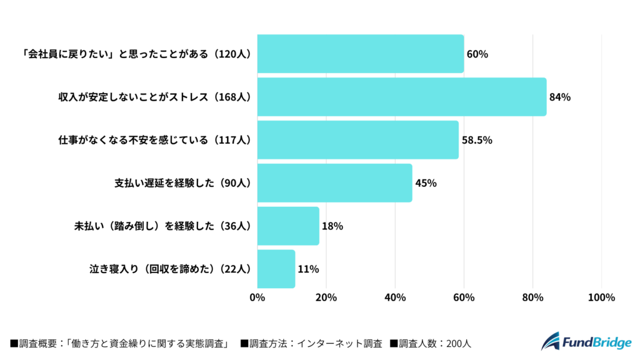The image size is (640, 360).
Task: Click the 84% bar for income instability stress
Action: point(401,97)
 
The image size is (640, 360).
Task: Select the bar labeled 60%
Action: point(360,54)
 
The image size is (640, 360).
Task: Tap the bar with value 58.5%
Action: point(357,140)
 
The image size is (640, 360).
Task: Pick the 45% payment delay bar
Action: point(334,183)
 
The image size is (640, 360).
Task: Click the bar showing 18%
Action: point(288,226)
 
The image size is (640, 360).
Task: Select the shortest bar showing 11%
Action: point(276,269)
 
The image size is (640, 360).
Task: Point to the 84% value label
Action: point(560,97)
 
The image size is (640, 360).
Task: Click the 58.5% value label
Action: point(477,140)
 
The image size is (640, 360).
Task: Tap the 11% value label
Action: point(308,269)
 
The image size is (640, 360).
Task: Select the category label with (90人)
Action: point(182,183)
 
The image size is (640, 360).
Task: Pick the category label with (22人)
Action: point(170,269)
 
